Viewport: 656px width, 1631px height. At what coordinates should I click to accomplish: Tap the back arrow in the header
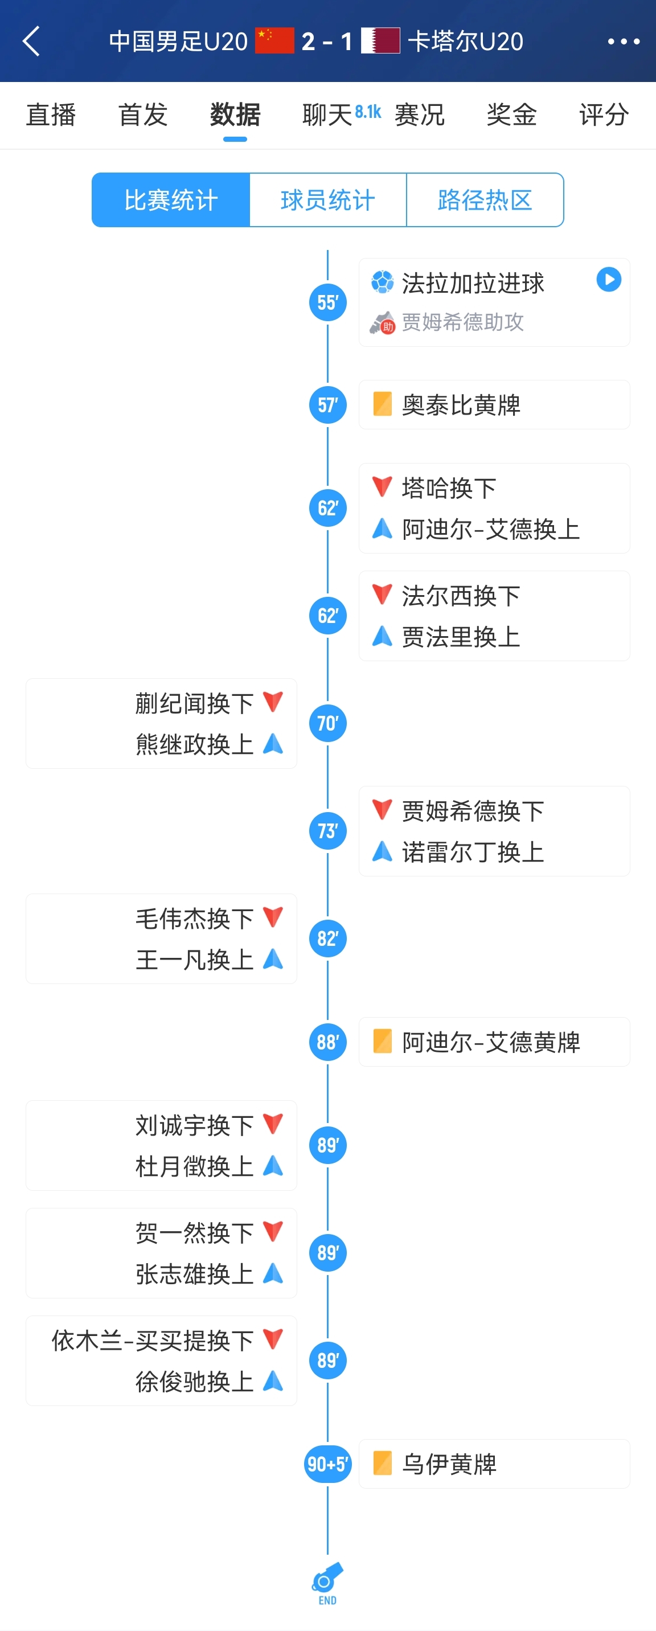[32, 41]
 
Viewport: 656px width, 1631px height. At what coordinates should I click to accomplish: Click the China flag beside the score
[274, 40]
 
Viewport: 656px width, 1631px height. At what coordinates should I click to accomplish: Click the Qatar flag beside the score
[380, 40]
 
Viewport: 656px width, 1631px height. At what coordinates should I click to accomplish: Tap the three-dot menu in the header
[623, 42]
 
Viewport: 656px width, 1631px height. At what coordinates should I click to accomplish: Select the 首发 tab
[143, 114]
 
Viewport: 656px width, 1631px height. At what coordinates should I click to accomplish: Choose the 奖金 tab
[511, 114]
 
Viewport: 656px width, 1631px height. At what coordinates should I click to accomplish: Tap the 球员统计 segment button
[327, 200]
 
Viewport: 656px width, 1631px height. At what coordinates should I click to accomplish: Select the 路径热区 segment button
[485, 200]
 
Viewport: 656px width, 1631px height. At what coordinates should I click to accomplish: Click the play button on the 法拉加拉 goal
[609, 279]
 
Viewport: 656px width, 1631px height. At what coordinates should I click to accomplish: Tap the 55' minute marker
[327, 302]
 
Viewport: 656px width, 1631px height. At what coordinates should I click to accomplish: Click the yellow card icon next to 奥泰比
[383, 404]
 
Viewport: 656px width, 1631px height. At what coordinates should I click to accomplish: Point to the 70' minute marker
[327, 723]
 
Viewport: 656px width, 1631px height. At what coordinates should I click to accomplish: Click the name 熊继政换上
[194, 744]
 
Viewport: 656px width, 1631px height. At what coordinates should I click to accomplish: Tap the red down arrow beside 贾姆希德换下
[382, 809]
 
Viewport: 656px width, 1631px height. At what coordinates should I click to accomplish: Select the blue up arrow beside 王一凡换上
[273, 958]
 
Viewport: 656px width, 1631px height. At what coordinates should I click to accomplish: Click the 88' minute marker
[327, 1042]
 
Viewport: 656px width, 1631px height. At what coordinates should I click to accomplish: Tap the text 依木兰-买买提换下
[153, 1340]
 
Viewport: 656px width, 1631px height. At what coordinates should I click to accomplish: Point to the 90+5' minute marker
[327, 1464]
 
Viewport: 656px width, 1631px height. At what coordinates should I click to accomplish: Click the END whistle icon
[327, 1581]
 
